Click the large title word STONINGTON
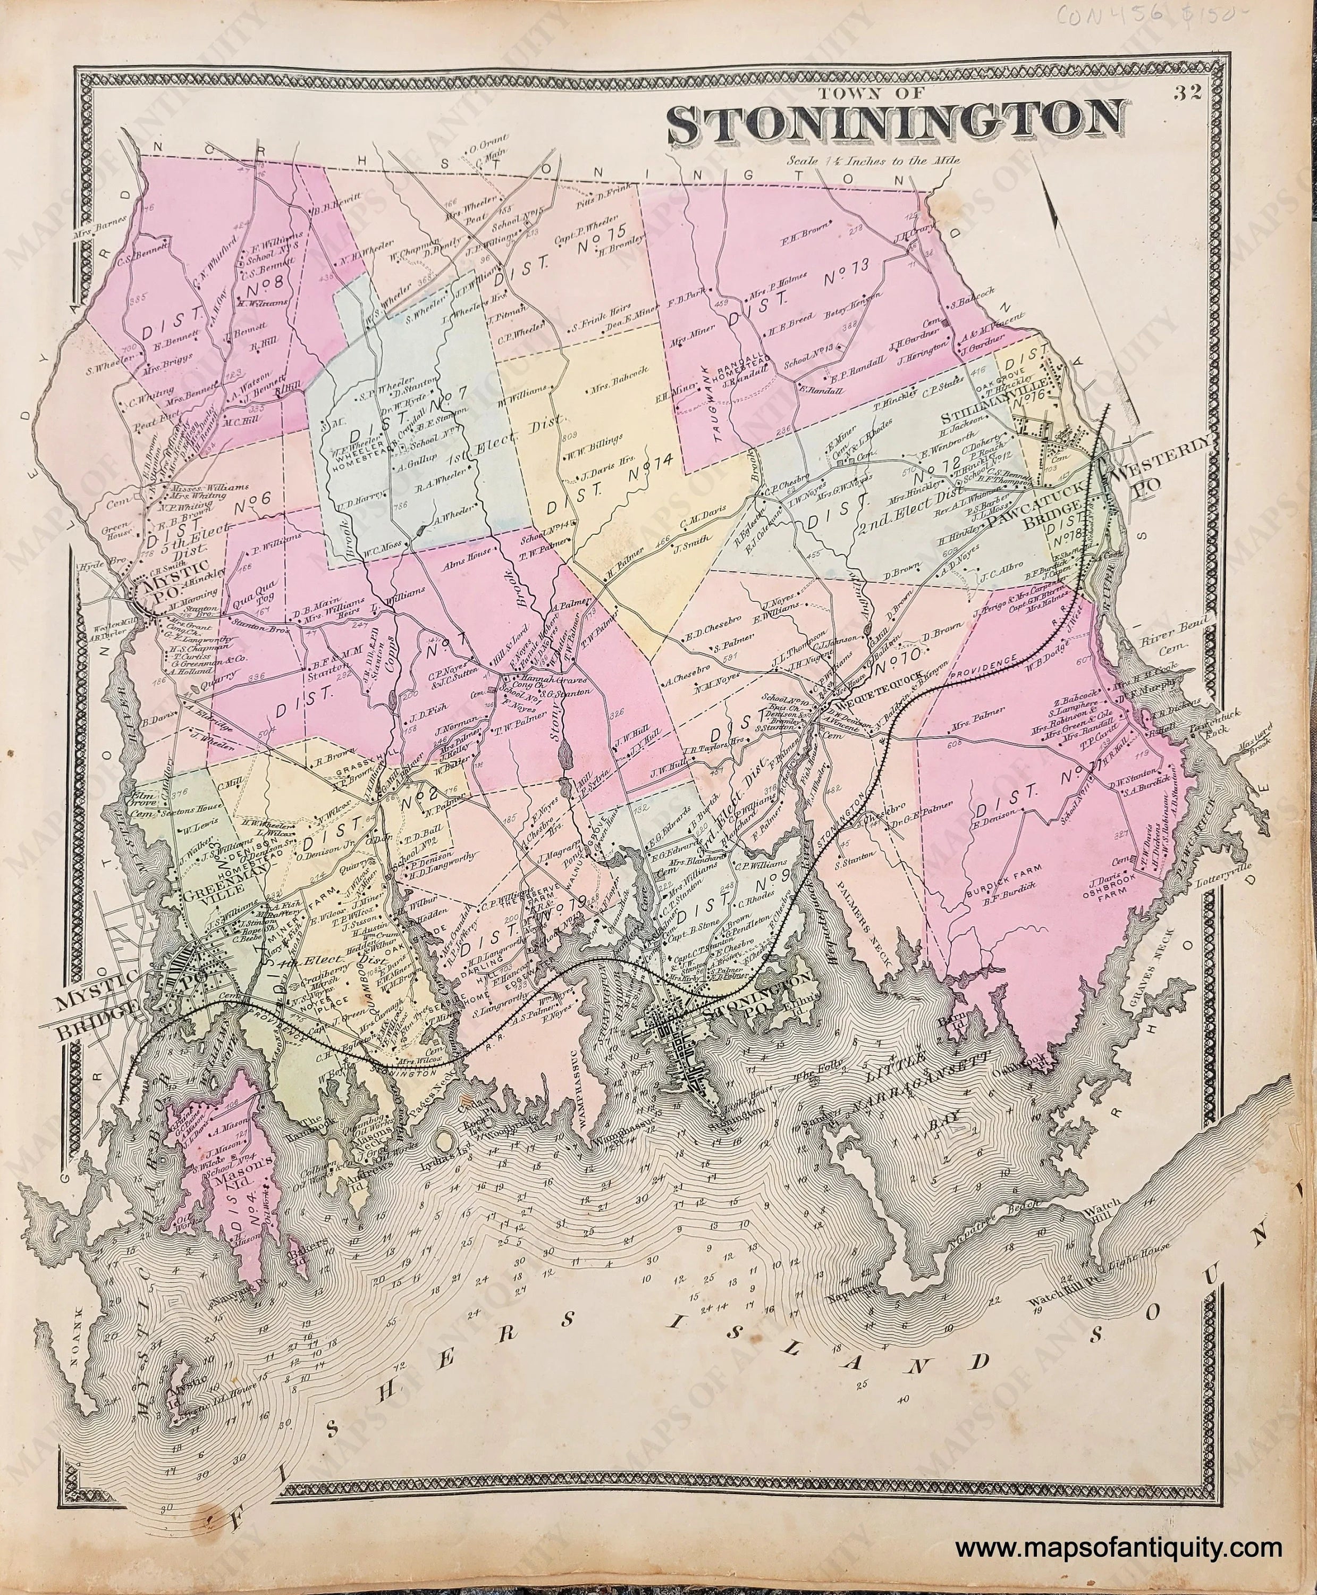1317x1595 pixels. click(894, 124)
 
